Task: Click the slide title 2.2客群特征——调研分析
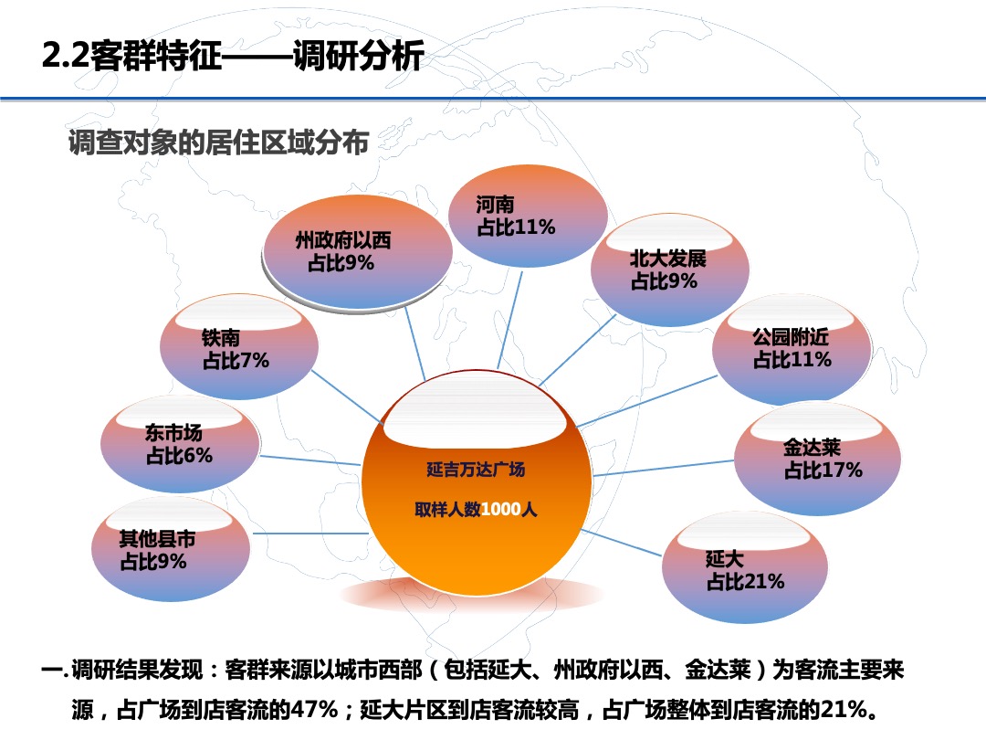point(233,57)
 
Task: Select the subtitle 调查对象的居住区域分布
point(219,143)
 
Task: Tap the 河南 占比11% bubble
point(527,217)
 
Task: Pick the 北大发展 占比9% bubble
point(669,270)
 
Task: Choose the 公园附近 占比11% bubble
point(792,349)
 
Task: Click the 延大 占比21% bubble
point(744,568)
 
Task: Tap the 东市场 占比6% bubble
point(177,444)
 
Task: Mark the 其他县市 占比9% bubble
point(171,549)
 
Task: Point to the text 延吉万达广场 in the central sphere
point(476,470)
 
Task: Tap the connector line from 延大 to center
point(621,543)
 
